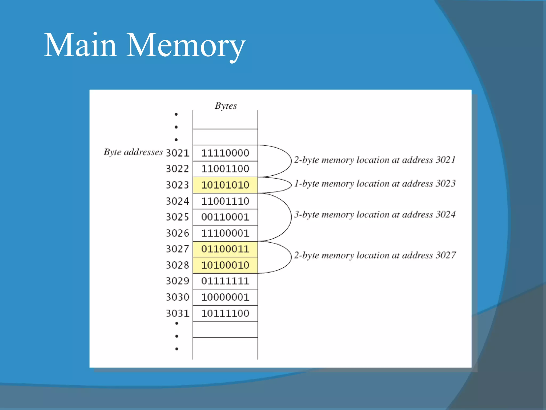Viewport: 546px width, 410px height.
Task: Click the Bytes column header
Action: point(226,106)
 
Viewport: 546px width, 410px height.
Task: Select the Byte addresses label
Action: point(133,152)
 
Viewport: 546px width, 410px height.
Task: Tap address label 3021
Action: point(178,153)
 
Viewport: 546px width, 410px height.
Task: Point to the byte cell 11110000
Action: point(225,153)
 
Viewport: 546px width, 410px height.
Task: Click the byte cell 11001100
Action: point(225,169)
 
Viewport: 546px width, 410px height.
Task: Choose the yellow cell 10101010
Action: point(225,185)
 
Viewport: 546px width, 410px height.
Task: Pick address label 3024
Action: point(178,201)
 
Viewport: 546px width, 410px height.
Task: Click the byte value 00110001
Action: point(225,217)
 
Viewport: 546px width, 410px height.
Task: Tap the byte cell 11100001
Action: point(225,233)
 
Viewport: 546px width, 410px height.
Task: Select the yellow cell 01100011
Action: point(225,249)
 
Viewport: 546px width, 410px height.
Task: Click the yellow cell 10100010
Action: point(225,265)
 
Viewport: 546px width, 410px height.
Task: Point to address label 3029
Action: point(178,281)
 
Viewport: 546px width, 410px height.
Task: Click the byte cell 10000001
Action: point(225,297)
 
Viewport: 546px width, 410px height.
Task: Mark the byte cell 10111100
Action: point(225,313)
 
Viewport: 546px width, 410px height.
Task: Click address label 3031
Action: point(178,313)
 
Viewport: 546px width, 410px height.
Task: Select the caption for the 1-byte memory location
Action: point(375,184)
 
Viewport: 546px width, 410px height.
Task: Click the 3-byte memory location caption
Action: point(375,215)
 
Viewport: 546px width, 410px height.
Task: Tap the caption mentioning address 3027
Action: point(375,255)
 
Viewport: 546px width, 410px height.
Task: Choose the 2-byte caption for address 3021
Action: point(375,160)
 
